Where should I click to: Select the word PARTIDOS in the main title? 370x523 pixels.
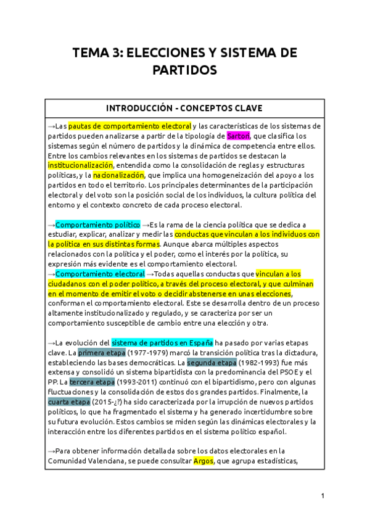coord(185,70)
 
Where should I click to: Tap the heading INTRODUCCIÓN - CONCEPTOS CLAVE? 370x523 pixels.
coord(185,107)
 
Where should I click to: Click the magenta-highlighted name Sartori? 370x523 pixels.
coord(238,136)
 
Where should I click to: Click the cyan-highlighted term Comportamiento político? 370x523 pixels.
coord(98,224)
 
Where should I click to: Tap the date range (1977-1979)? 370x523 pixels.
coord(147,353)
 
